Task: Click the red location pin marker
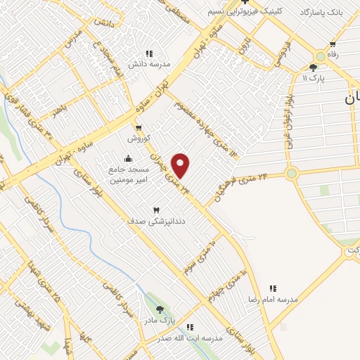(x=181, y=165)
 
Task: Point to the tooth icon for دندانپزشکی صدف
(x=156, y=209)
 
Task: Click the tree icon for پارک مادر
(x=160, y=309)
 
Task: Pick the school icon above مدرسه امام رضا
(x=273, y=288)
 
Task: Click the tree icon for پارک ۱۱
(x=313, y=67)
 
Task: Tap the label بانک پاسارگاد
(x=326, y=13)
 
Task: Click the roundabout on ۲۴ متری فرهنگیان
(x=291, y=173)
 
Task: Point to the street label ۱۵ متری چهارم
(x=231, y=284)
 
